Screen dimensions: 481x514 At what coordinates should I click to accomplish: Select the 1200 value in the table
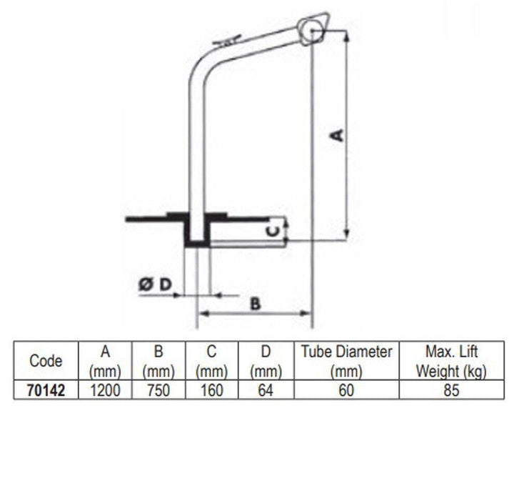[x=106, y=390]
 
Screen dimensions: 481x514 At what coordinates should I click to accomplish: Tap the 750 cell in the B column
[x=158, y=390]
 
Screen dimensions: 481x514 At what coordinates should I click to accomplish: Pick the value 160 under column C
[x=212, y=390]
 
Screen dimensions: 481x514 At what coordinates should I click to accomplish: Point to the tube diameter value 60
[x=346, y=390]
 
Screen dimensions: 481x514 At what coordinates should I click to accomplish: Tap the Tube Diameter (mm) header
[x=346, y=361]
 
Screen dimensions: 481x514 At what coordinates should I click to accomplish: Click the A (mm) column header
[x=106, y=361]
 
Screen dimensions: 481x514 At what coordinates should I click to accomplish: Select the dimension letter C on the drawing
[x=271, y=230]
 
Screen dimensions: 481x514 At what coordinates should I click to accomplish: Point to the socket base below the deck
[x=197, y=236]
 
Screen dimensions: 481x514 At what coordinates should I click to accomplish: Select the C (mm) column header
[x=212, y=361]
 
